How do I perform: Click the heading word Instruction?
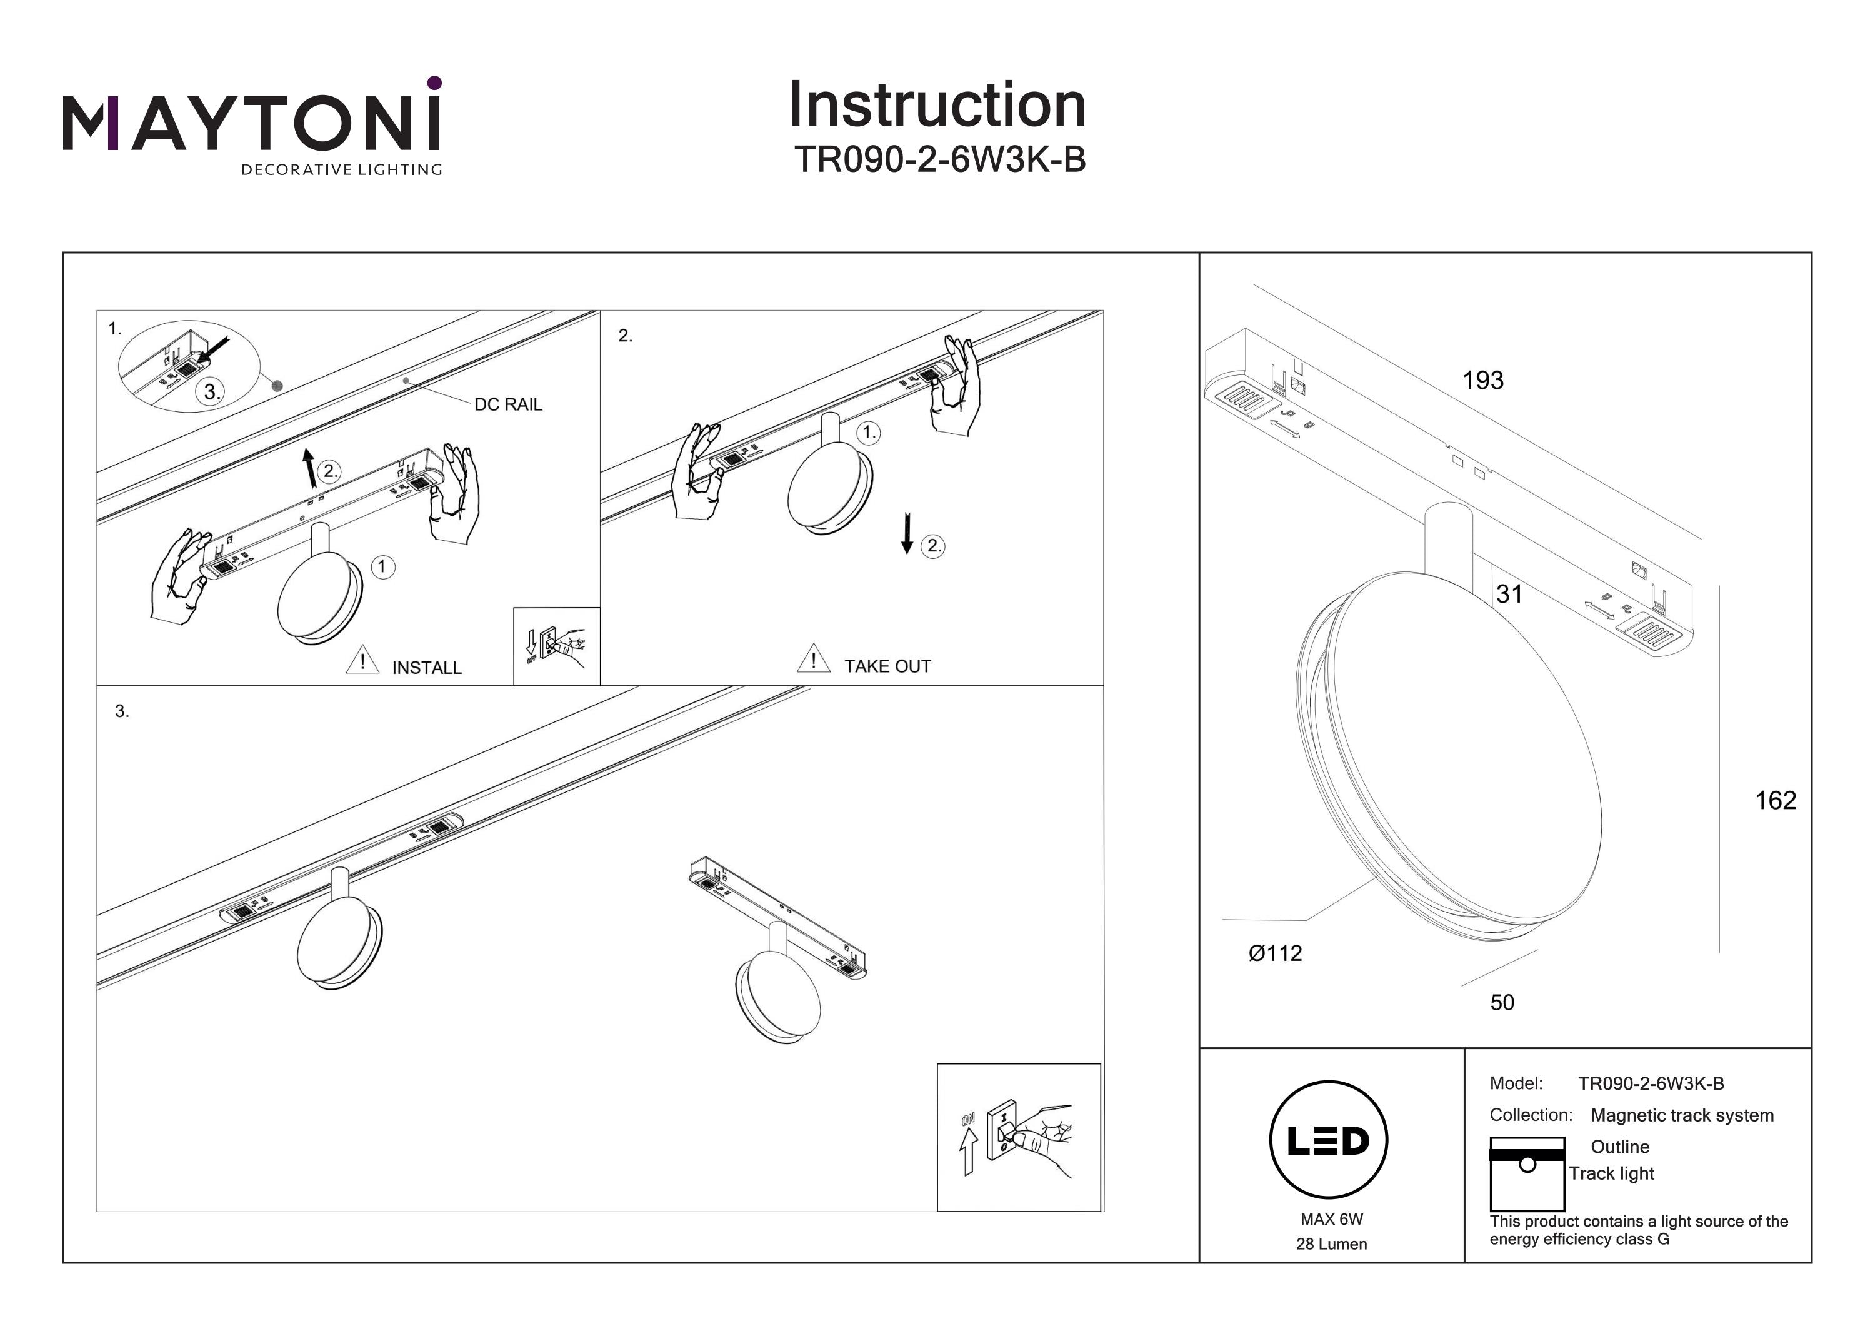click(x=937, y=106)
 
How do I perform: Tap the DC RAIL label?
click(x=508, y=404)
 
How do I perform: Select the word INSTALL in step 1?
click(x=426, y=668)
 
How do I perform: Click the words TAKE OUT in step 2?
click(x=887, y=666)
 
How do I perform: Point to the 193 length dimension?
click(x=1482, y=381)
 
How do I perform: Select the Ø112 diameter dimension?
click(x=1275, y=953)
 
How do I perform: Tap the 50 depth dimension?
click(x=1502, y=1002)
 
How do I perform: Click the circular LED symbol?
click(x=1328, y=1140)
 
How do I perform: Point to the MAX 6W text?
click(x=1331, y=1219)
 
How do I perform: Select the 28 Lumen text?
click(x=1331, y=1244)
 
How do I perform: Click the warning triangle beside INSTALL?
click(x=362, y=660)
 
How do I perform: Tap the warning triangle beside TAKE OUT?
click(x=813, y=658)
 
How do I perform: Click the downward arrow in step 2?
click(x=906, y=533)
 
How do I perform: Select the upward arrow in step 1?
click(x=309, y=468)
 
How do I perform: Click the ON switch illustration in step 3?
click(x=1018, y=1137)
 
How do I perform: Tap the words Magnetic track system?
click(x=1681, y=1115)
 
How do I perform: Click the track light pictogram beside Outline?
click(x=1526, y=1173)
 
